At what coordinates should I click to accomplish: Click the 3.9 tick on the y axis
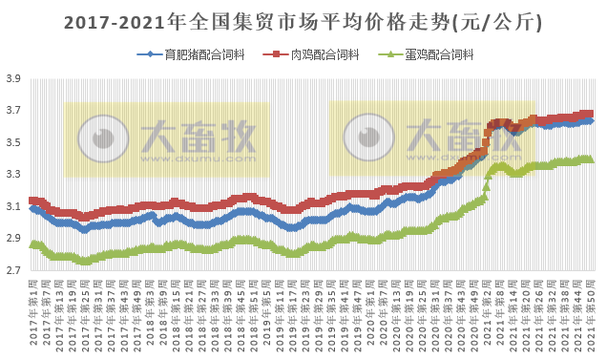13,80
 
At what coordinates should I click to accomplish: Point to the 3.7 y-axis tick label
13,112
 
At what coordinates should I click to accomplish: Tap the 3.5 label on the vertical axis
13,143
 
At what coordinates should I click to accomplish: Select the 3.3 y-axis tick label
13,175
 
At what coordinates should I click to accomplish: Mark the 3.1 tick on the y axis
13,207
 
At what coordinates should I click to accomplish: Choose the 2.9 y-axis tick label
13,239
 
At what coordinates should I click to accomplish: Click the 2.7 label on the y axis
13,270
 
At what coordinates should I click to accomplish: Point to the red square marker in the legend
279,55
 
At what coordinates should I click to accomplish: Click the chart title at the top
303,20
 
